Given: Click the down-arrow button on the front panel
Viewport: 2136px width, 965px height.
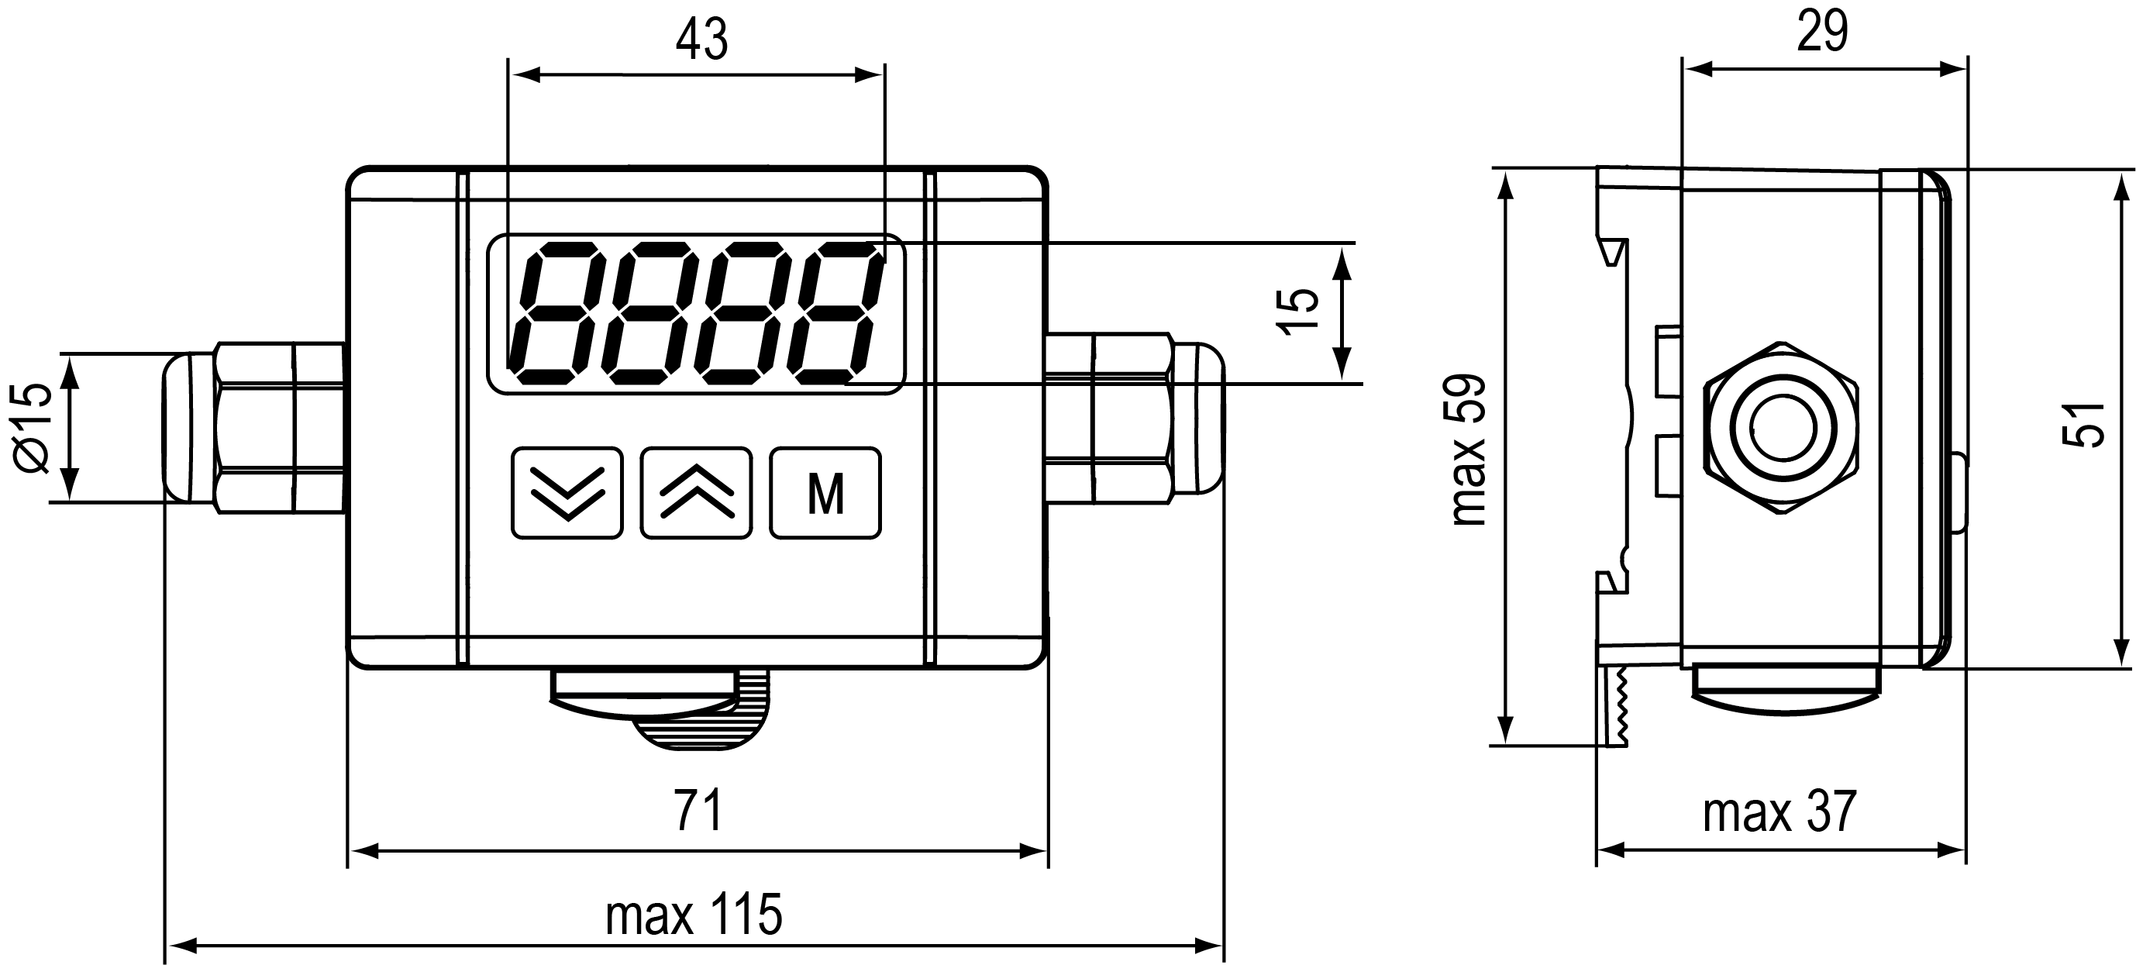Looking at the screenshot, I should click(567, 493).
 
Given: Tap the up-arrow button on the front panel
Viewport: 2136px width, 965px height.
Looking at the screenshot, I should click(697, 493).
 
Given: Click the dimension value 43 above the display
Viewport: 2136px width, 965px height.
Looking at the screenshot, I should click(701, 40).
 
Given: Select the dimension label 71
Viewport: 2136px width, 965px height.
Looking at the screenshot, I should click(698, 810).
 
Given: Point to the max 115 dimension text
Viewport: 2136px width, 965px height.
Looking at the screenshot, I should click(694, 915).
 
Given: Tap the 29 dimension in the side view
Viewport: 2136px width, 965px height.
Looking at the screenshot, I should click(1823, 33).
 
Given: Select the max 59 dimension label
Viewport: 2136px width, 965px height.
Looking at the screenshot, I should click(1469, 451).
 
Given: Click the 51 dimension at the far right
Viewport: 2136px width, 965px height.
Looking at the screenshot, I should click(2083, 426).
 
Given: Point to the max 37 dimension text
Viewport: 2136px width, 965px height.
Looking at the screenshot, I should click(1779, 812).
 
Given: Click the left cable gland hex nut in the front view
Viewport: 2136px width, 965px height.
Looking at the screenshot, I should click(256, 428).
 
